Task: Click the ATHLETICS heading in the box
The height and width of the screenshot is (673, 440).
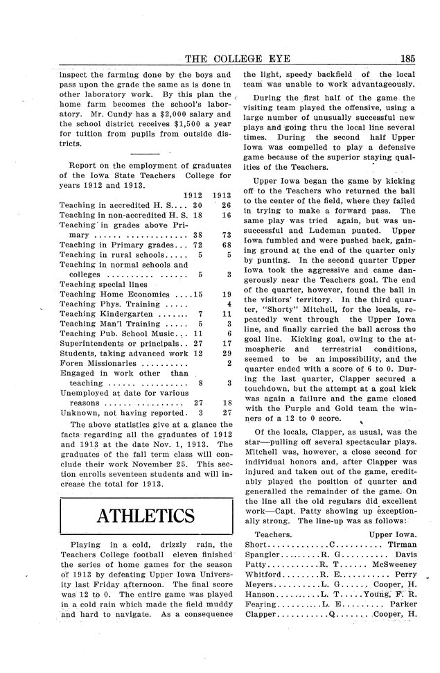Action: click(146, 516)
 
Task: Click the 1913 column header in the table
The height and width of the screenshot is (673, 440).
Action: click(222, 195)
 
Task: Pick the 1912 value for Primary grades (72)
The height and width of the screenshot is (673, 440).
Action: click(196, 245)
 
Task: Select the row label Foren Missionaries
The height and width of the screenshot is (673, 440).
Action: click(97, 362)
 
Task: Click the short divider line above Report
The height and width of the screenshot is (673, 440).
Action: click(144, 152)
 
